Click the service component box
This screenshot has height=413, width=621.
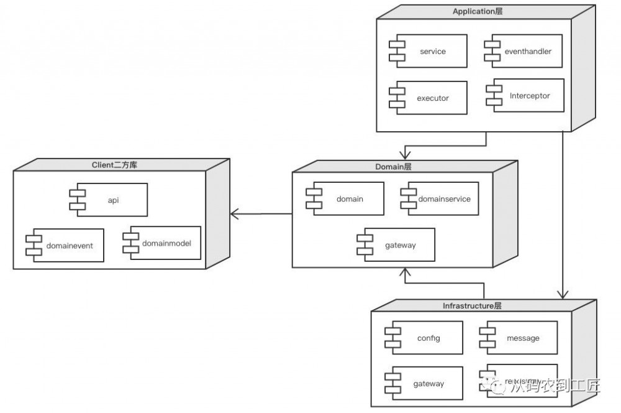point(428,52)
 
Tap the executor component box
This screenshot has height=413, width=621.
point(428,98)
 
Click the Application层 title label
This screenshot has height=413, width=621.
point(478,12)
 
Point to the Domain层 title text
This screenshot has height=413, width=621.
point(393,167)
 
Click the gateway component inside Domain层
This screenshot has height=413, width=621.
point(396,245)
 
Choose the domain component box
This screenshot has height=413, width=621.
point(345,199)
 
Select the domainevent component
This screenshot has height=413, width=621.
point(65,246)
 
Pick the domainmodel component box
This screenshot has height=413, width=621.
point(162,243)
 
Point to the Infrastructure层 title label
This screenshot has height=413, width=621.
point(471,306)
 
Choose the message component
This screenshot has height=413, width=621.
point(519,338)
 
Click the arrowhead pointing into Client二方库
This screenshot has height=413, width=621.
point(235,215)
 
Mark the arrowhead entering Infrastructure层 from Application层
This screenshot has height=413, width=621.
point(563,294)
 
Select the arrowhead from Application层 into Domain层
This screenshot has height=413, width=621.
point(405,154)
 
